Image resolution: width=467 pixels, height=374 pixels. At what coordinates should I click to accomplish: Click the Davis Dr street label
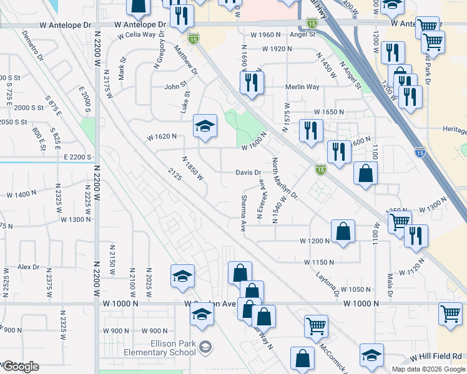(x=248, y=172)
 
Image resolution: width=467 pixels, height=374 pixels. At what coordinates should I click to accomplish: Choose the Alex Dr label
(x=28, y=267)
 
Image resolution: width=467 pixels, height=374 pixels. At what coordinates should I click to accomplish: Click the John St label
(x=176, y=87)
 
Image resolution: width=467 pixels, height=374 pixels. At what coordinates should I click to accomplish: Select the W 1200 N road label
(x=315, y=241)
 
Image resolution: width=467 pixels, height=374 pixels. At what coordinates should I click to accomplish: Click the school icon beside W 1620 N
(x=205, y=127)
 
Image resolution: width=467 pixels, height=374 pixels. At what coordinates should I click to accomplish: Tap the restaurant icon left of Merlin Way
(x=252, y=82)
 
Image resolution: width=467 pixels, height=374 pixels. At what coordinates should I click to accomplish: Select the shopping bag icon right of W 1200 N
(x=343, y=231)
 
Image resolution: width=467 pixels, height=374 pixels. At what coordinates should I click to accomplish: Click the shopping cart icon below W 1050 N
(x=317, y=325)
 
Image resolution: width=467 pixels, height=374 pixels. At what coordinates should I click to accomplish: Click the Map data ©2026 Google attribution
(x=428, y=369)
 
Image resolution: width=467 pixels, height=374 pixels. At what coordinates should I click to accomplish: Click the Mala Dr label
(x=389, y=284)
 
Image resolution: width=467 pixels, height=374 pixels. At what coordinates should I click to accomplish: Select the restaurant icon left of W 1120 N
(x=416, y=236)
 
